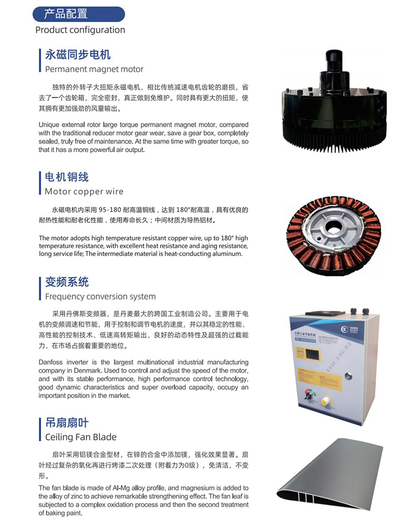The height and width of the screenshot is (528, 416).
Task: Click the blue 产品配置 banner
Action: click(78, 14)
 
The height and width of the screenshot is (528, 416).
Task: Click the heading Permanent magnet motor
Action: click(94, 69)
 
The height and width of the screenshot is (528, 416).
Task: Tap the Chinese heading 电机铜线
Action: click(67, 177)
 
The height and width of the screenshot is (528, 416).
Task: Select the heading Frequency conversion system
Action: click(101, 296)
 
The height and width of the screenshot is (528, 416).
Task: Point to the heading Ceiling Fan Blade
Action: click(81, 436)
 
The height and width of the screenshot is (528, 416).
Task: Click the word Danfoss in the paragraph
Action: click(51, 362)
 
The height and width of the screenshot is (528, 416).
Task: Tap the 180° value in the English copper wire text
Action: click(227, 238)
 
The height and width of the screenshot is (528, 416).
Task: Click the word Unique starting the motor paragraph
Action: click(49, 125)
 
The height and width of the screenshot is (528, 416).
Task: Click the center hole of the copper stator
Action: click(334, 229)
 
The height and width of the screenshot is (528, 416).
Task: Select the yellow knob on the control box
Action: click(325, 401)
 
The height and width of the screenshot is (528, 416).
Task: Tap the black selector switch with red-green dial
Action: click(309, 394)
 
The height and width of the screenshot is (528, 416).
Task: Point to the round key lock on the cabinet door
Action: click(348, 375)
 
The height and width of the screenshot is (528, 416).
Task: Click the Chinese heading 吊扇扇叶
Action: click(67, 422)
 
